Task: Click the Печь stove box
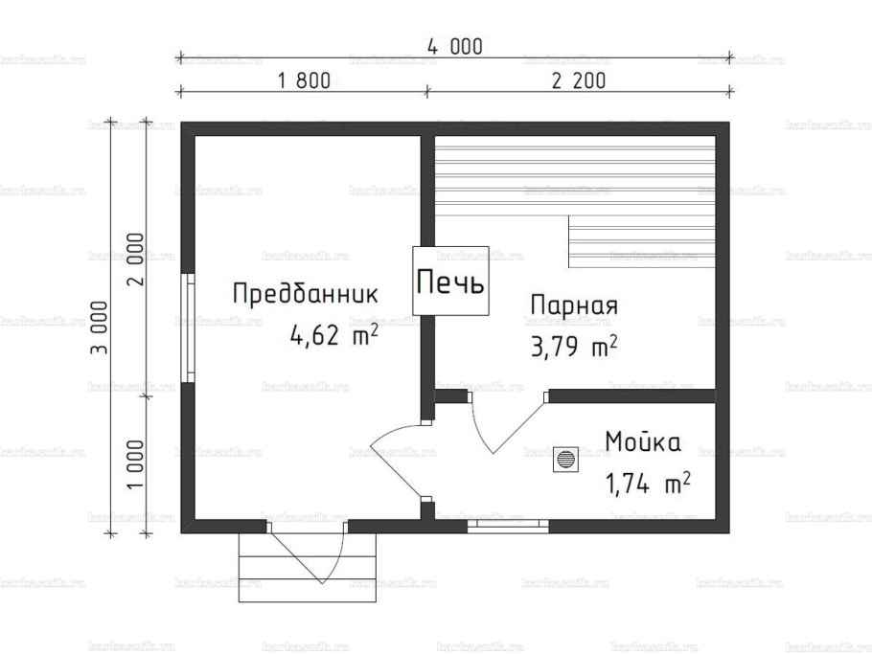450,281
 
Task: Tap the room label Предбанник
306,293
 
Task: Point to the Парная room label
573,305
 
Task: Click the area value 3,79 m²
572,345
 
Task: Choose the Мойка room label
642,442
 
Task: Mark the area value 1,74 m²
647,484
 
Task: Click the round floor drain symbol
567,460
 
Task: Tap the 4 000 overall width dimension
454,46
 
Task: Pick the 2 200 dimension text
578,80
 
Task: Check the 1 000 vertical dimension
135,464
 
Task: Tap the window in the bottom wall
508,524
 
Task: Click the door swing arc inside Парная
503,426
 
